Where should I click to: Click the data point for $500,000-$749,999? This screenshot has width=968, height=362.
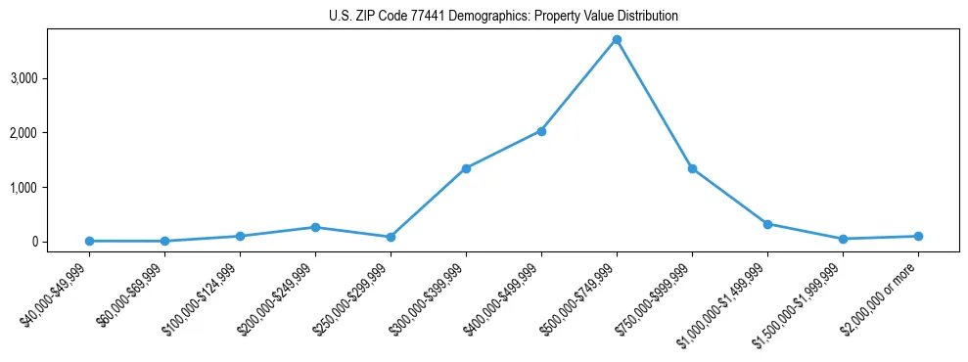617,40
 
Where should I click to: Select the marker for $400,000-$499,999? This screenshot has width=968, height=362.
541,131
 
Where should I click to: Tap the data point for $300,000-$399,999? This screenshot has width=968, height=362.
466,168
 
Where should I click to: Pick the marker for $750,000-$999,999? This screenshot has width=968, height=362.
692,168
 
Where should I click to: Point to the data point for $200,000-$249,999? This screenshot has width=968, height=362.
315,227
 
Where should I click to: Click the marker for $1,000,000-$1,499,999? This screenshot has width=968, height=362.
767,224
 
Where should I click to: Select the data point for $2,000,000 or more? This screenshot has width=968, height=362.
918,236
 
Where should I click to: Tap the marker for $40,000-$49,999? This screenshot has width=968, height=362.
89,241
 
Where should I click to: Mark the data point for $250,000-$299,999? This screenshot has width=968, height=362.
391,237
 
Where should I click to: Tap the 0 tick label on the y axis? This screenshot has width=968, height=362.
34,242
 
